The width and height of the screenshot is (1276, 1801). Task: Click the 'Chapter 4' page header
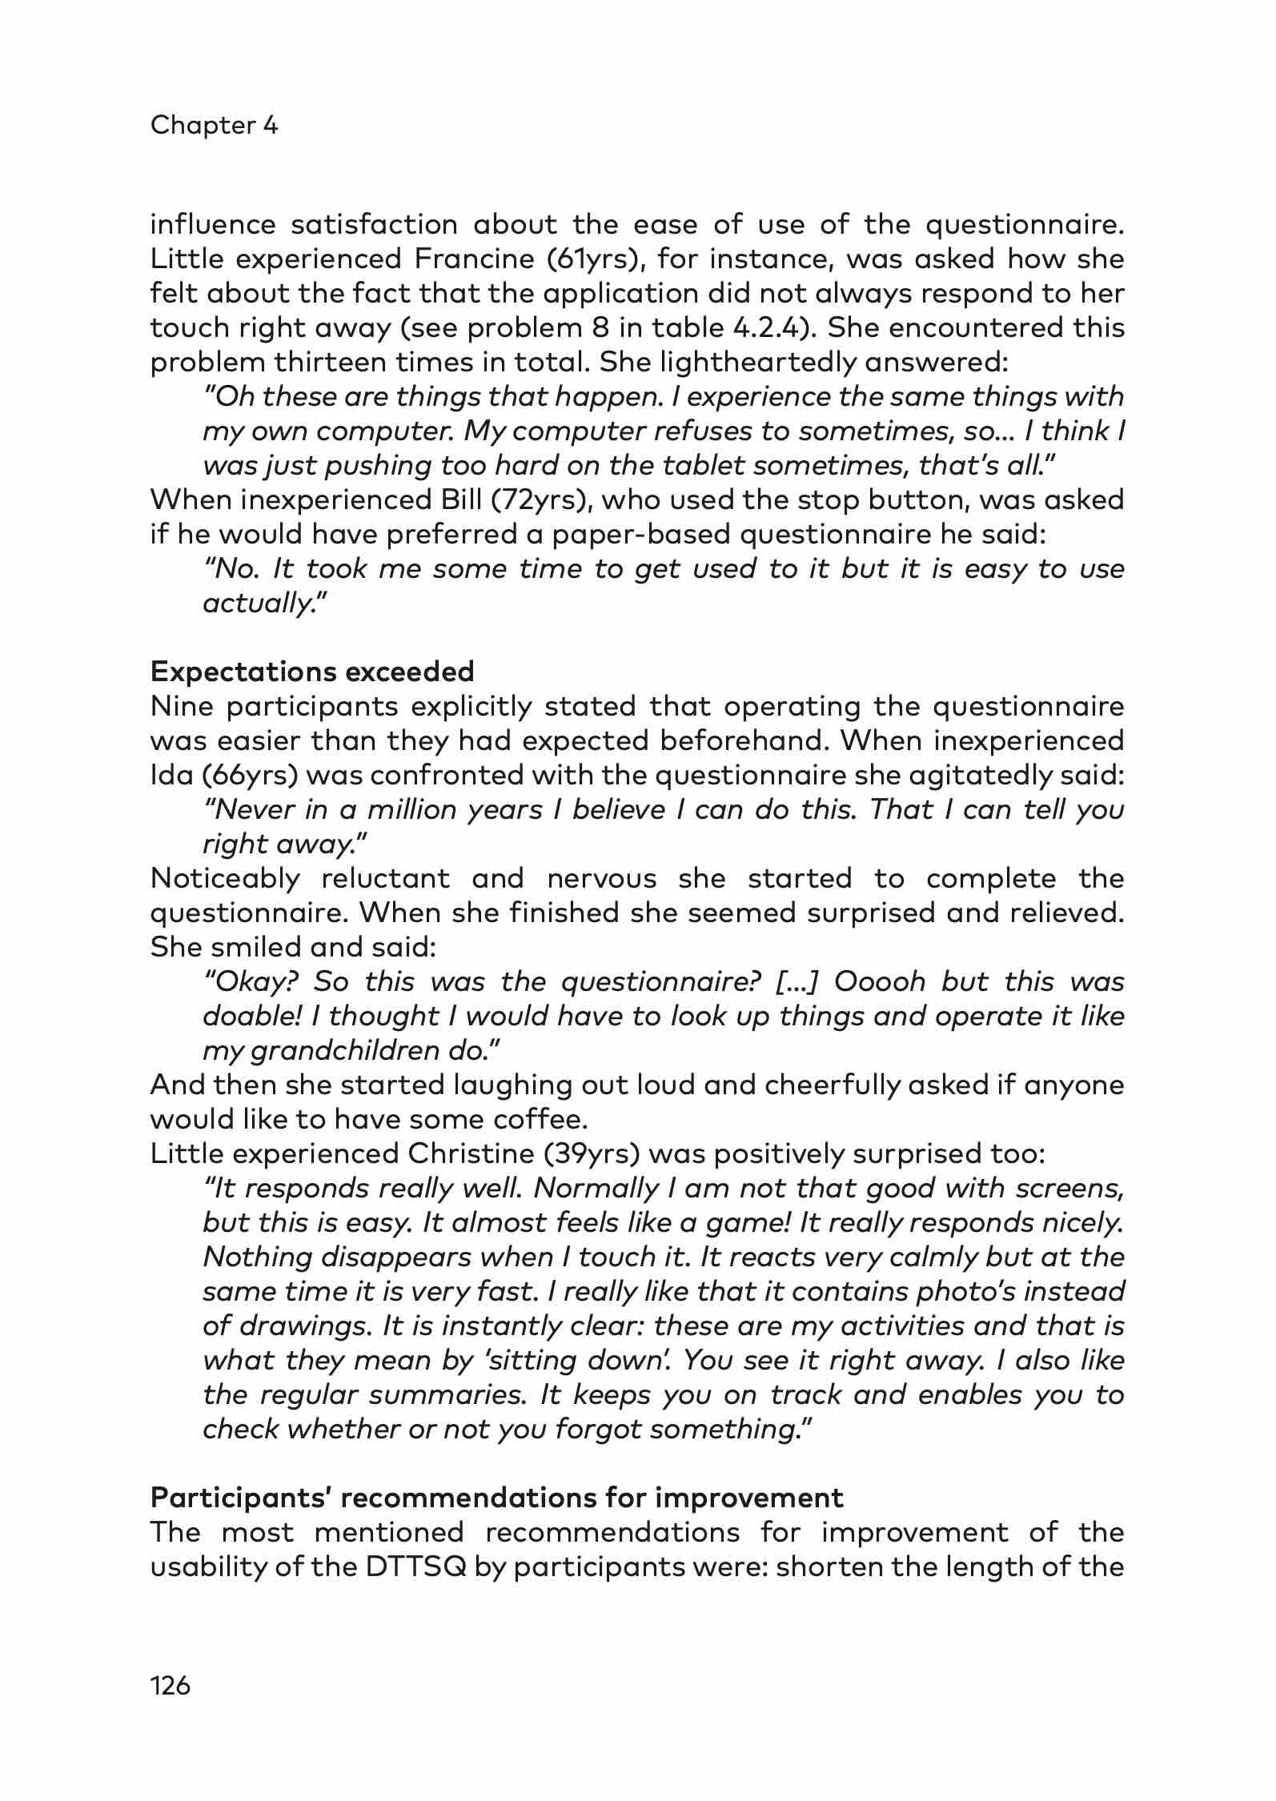click(214, 126)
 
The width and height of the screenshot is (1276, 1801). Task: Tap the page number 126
click(171, 1687)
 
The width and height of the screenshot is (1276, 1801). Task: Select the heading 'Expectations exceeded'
click(312, 672)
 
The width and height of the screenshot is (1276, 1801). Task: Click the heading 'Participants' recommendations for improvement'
click(496, 1498)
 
